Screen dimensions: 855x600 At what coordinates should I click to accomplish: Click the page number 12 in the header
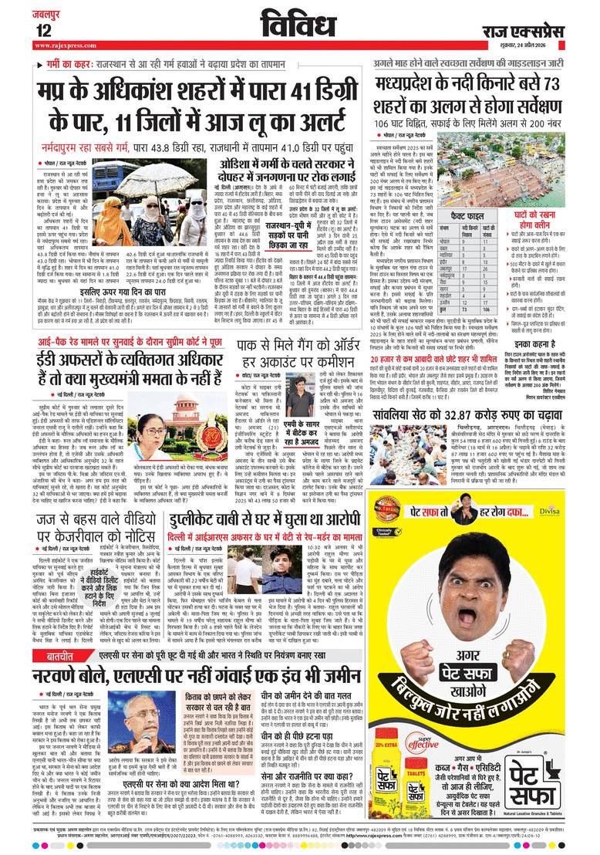pos(42,30)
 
